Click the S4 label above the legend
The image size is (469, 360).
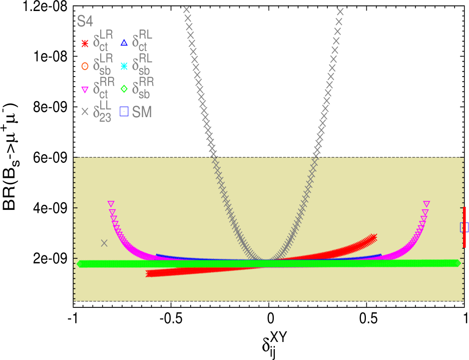coord(85,22)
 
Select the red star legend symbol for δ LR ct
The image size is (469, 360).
coord(85,44)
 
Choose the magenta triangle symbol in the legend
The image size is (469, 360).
coord(85,90)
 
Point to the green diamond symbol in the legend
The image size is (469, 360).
coord(124,89)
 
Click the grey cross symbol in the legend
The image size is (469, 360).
coord(85,112)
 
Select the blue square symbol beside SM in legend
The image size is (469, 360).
coord(124,112)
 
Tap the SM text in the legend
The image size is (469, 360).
coord(142,112)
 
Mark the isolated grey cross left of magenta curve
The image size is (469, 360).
coord(104,243)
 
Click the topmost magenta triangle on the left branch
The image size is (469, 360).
coord(111,204)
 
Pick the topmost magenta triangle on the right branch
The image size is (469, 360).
coord(426,204)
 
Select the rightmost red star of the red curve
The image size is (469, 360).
coord(373,237)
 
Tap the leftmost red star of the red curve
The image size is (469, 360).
coord(149,274)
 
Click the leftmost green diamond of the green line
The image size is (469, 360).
coord(80,264)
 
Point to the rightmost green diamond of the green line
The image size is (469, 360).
coord(457,263)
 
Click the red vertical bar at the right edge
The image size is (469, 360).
coord(464,227)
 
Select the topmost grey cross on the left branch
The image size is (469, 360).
coord(187,10)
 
